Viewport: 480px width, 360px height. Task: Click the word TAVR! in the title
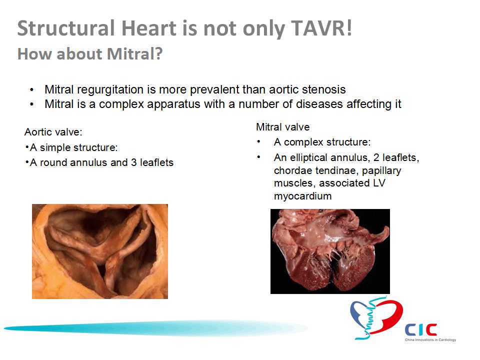(x=321, y=28)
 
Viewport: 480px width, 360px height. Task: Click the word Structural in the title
(x=66, y=28)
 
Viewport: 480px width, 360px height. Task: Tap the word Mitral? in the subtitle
(x=134, y=54)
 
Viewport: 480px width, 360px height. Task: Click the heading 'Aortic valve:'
(x=53, y=132)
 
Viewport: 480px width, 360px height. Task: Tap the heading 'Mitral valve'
(x=283, y=127)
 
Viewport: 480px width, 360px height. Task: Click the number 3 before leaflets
(x=134, y=162)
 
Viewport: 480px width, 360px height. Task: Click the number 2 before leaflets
(x=376, y=157)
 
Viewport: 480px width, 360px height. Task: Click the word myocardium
(x=303, y=196)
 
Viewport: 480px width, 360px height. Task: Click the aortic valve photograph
(x=100, y=251)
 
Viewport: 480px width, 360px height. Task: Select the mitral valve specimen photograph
(x=330, y=251)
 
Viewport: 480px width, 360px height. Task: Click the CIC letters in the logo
(x=421, y=330)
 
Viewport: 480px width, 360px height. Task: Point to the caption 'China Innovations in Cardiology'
(x=430, y=340)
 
